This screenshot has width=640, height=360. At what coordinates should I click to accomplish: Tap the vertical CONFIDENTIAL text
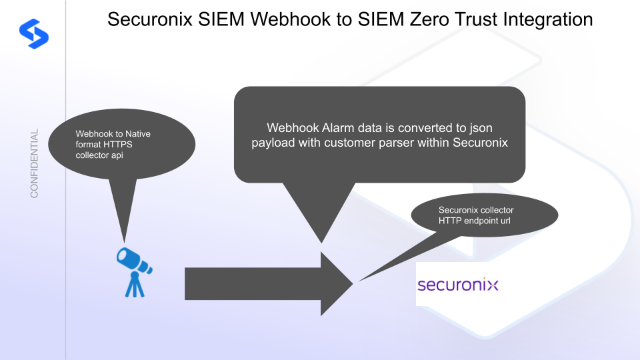click(34, 163)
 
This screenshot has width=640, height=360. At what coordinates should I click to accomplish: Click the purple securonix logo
click(457, 285)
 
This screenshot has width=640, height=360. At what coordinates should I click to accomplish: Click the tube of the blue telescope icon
click(129, 258)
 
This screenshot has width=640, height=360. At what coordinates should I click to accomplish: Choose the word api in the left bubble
click(117, 155)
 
